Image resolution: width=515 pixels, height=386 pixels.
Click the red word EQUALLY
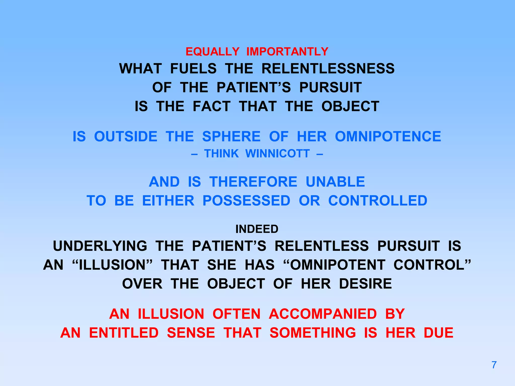pos(212,52)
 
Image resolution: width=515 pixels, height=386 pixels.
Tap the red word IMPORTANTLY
pos(287,52)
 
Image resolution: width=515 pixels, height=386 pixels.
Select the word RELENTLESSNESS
pos(328,69)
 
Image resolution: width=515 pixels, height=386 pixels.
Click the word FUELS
pos(193,69)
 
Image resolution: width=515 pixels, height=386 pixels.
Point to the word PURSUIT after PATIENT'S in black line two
pos(330,87)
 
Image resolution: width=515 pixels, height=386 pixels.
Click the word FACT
pos(211,106)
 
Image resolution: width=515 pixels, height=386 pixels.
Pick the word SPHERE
pos(231,136)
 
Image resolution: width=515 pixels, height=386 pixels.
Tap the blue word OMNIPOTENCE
pos(388,136)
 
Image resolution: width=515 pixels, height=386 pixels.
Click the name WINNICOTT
pos(277,154)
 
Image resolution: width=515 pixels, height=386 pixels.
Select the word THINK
pos(221,154)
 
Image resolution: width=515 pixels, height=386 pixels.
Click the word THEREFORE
pos(253,182)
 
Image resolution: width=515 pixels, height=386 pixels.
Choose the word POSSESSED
pos(246,201)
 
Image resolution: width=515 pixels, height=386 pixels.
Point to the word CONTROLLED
pos(378,201)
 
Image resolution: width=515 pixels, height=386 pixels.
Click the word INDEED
pos(257,229)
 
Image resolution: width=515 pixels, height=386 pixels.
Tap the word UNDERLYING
pos(100,246)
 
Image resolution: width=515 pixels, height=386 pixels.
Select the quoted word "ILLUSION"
pos(112,265)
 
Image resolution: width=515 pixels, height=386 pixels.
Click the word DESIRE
pos(365,284)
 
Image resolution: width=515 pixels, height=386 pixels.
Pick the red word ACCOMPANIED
pos(323,314)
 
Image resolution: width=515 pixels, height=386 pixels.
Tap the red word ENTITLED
pos(124,333)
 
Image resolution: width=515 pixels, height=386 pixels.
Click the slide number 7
pos(494,365)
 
